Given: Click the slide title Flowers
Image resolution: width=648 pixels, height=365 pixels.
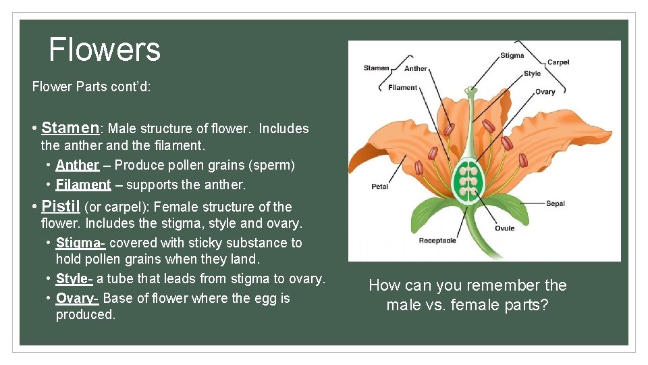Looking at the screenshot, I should pos(105,49).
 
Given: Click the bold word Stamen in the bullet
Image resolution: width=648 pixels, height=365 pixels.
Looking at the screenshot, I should pos(70,128).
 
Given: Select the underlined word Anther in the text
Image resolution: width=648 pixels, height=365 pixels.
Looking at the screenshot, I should pos(78,165).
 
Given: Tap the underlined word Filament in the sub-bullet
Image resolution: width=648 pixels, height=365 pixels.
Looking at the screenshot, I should pos(83,185).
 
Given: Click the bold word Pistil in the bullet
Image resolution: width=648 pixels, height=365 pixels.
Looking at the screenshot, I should pos(61,206).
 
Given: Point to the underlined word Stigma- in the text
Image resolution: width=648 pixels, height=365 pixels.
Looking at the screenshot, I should pos(80,243).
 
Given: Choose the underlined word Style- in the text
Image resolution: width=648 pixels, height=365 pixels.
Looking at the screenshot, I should pos(74,278).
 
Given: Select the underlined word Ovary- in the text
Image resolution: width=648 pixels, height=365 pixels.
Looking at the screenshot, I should pos(77,298).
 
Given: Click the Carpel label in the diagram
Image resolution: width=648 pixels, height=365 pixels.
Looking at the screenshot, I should pos(558,62).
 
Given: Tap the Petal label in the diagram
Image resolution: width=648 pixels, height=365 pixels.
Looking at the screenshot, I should pos(379,187).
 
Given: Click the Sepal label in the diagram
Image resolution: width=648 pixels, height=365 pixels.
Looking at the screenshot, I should pos(556,203).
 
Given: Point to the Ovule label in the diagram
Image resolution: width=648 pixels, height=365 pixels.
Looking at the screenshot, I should pos(504,228).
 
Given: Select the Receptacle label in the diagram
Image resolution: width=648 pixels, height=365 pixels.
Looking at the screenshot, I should pos(437,240).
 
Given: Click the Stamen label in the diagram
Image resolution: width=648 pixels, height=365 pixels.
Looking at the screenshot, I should pos(376,68).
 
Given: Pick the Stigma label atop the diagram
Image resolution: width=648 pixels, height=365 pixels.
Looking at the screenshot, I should pos(512,55).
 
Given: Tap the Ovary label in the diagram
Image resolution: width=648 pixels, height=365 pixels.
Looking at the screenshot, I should pos(545,91).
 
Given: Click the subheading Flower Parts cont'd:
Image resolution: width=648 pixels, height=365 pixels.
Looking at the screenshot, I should pos(92,87).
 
